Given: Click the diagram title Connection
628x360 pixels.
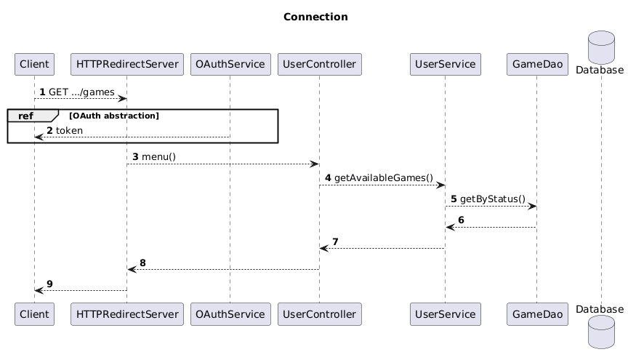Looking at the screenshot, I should (x=315, y=17).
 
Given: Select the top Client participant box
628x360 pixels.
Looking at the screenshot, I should (x=34, y=65).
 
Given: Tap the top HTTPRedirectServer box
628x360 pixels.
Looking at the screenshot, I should (x=127, y=65).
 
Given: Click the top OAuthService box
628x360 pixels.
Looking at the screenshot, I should (x=230, y=65).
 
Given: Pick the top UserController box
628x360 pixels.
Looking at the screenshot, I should (x=319, y=65).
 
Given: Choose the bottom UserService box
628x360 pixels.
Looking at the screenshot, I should (x=446, y=314).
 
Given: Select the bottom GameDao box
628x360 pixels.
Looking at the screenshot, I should (x=536, y=314).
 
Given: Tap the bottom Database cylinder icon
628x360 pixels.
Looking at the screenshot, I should (x=602, y=335).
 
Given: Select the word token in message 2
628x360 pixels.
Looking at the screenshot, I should (x=69, y=130).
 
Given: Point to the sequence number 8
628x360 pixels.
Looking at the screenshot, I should (x=143, y=263).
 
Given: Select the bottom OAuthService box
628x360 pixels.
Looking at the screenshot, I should (x=230, y=314).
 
